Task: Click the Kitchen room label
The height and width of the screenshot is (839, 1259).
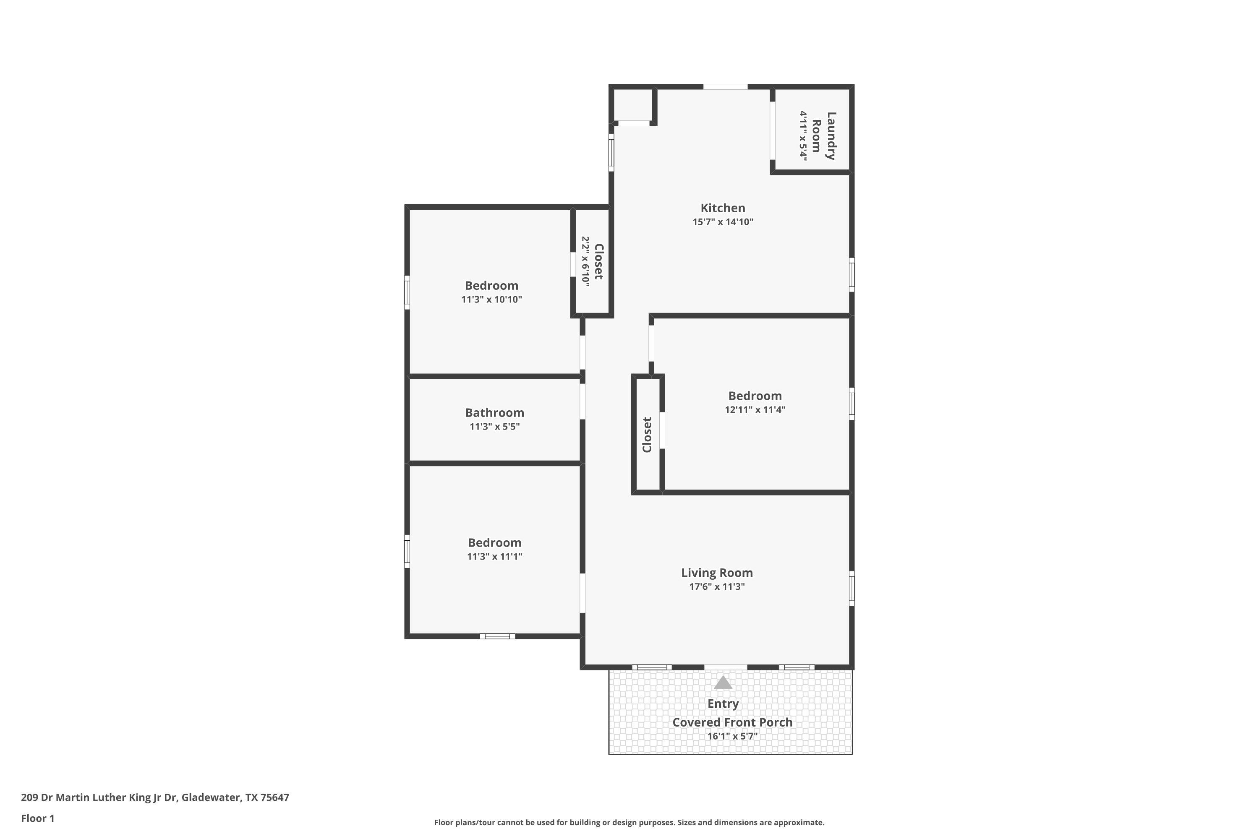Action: tap(723, 208)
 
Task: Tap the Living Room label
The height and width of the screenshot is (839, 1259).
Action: tap(717, 573)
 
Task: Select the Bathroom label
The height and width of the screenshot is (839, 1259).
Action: tap(495, 412)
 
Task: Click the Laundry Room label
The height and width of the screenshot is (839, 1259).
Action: tap(823, 136)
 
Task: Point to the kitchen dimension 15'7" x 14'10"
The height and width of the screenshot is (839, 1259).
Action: tap(723, 222)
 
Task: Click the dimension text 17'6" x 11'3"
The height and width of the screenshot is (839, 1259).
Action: tap(717, 586)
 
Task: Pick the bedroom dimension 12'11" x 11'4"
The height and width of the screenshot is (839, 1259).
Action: tap(755, 410)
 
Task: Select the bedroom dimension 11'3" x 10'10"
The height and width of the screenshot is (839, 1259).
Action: tap(491, 300)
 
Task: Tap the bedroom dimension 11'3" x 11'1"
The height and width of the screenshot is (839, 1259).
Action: tap(495, 557)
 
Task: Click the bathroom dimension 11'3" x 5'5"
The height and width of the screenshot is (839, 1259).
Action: tap(495, 427)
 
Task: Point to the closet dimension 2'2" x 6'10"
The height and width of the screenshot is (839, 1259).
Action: tap(585, 262)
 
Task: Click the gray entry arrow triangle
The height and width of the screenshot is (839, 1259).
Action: tap(723, 683)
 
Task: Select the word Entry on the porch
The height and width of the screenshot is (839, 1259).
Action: tap(723, 704)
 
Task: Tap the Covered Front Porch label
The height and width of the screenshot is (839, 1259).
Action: tap(732, 722)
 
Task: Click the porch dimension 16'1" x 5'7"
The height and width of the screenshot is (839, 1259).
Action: tap(732, 736)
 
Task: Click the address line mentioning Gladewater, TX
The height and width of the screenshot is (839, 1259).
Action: tap(155, 798)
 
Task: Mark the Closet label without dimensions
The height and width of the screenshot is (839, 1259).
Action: tap(647, 435)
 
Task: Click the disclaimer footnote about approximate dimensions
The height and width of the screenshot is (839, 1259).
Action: tap(629, 822)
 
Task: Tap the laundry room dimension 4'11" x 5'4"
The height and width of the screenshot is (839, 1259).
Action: tap(803, 135)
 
